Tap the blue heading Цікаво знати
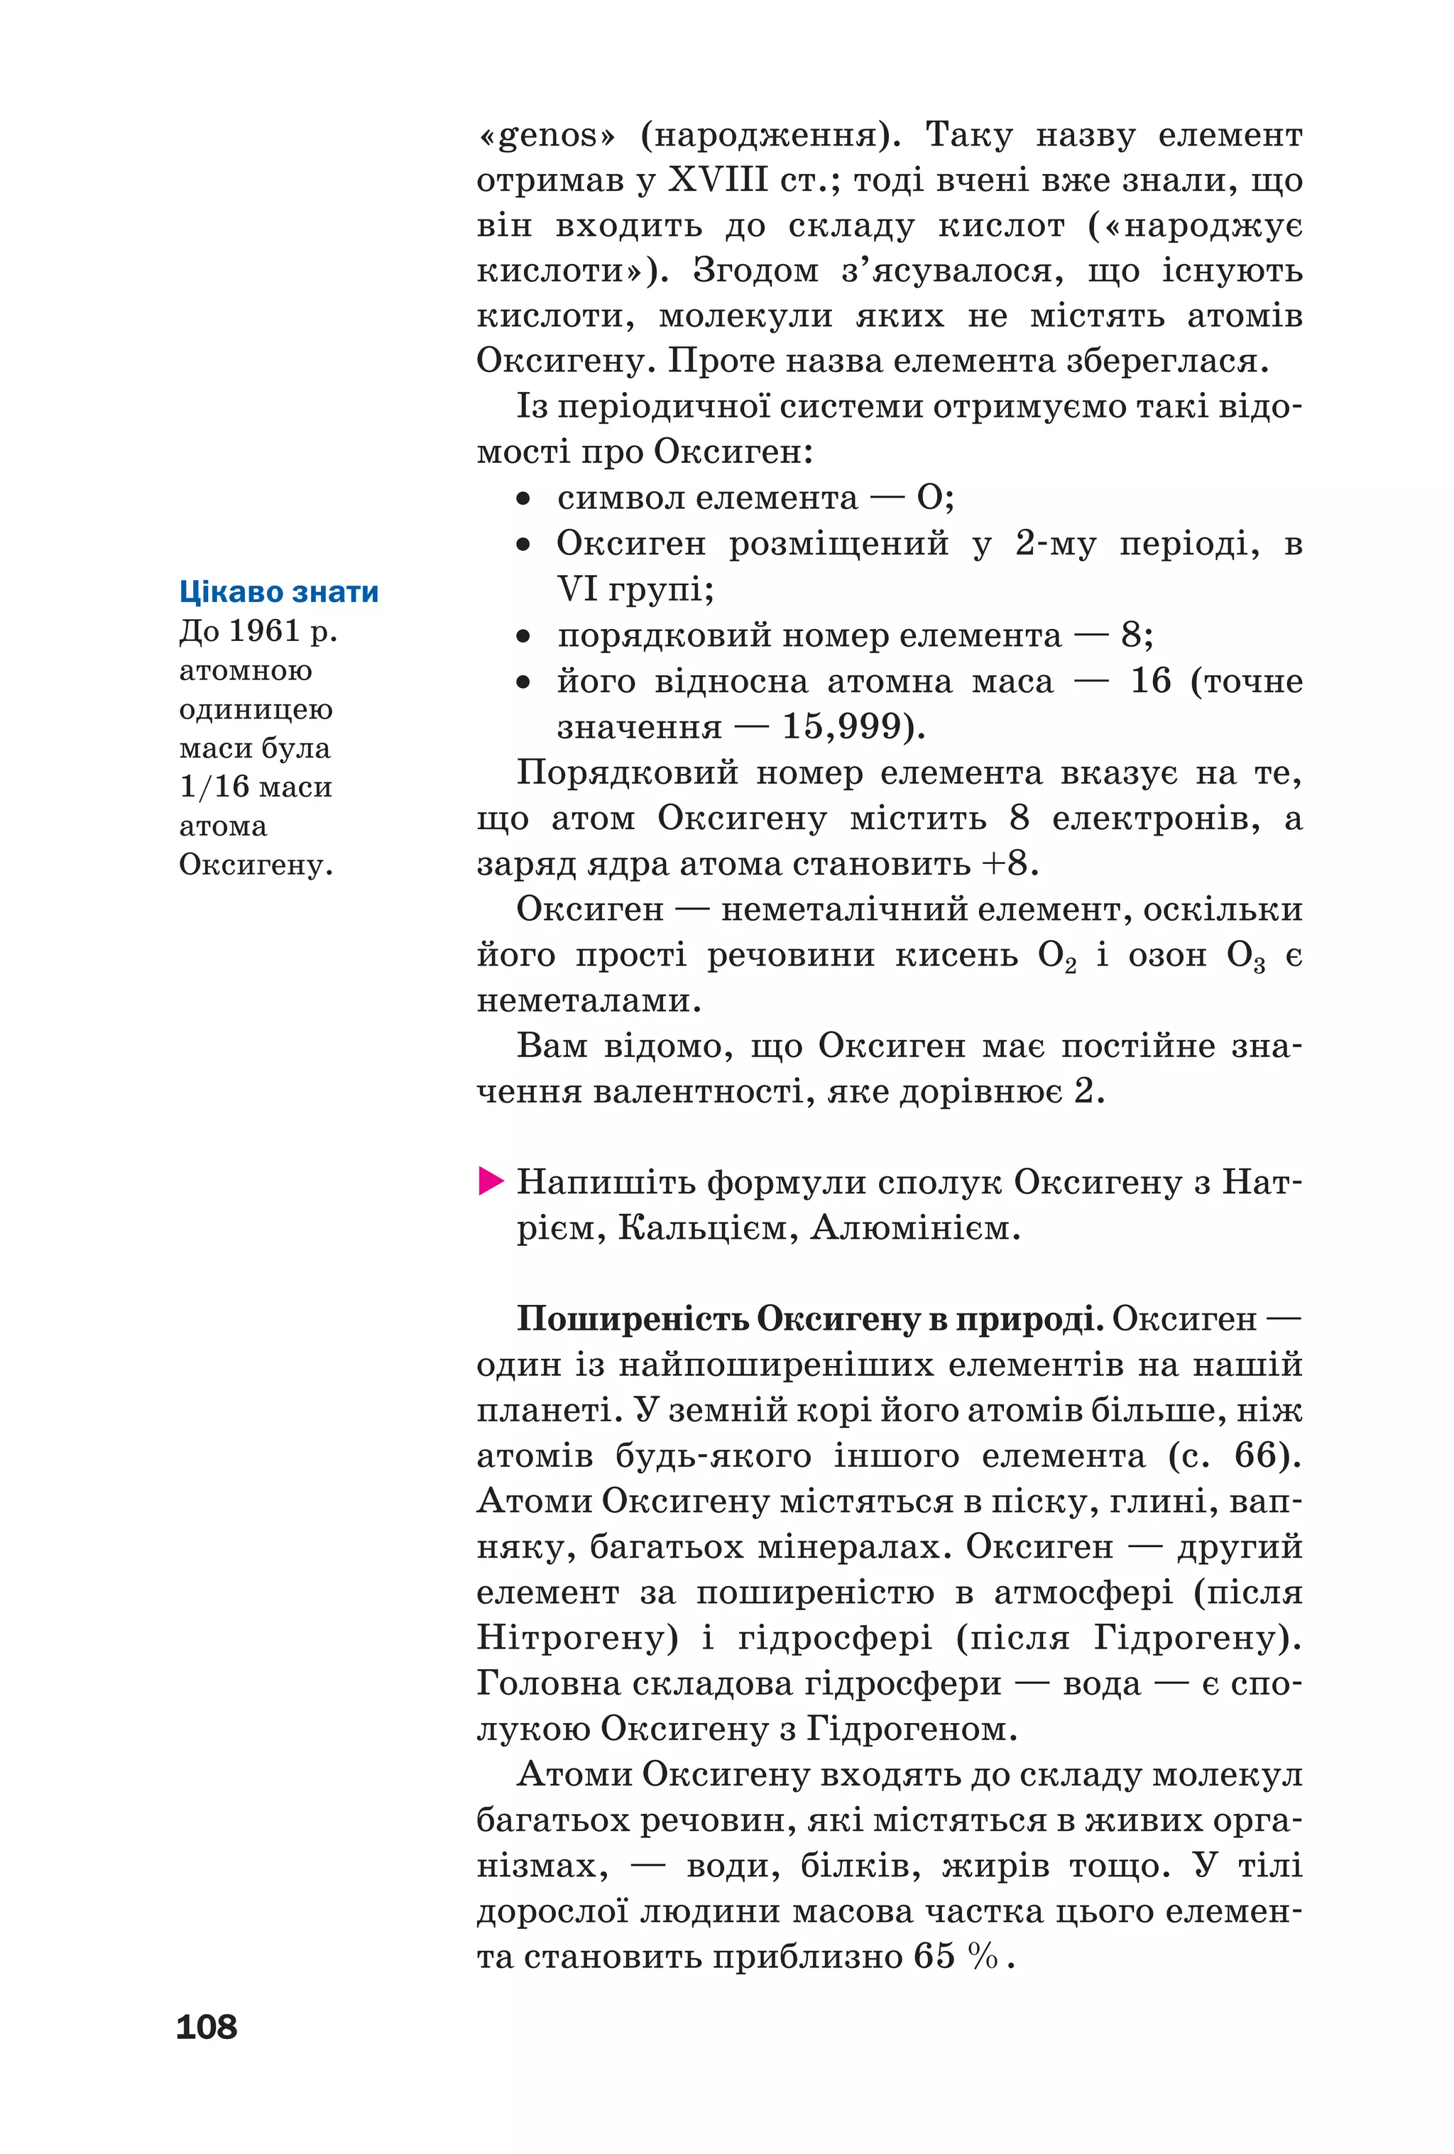[278, 591]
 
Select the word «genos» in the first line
[546, 136]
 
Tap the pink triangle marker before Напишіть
[490, 1182]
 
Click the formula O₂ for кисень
[1056, 956]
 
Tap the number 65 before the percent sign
[933, 1956]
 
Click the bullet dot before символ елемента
[523, 498]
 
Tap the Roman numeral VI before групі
[576, 589]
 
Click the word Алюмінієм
[914, 1228]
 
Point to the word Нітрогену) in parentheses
[576, 1638]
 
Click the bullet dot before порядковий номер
[523, 636]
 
